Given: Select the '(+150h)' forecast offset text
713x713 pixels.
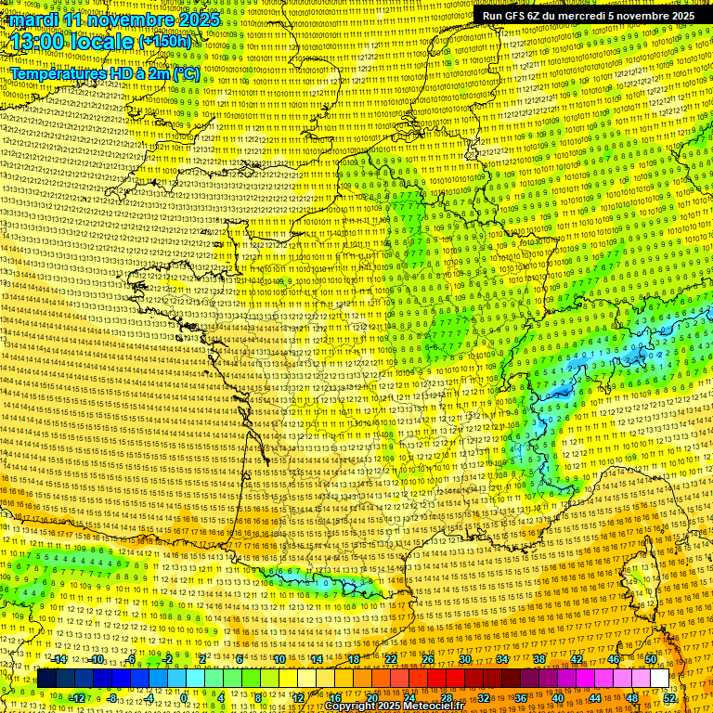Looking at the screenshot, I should tap(164, 42).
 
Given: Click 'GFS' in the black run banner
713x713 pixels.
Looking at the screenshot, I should tap(518, 16).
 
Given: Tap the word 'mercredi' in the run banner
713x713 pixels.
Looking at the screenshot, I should tap(590, 16).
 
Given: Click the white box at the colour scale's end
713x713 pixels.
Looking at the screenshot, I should tap(659, 679).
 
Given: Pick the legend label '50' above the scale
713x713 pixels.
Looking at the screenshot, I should tap(651, 659).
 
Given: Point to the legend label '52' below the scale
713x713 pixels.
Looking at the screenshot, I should tap(669, 698).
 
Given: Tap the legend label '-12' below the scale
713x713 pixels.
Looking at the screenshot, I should tap(77, 698).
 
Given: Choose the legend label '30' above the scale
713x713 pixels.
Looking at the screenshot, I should tap(464, 659).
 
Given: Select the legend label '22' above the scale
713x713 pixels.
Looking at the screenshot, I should tap(391, 659).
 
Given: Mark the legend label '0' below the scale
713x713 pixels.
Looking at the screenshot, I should tap(184, 698).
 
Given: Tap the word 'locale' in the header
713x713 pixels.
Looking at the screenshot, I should tap(101, 42).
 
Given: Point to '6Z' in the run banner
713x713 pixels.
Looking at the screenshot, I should tap(542, 16).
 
